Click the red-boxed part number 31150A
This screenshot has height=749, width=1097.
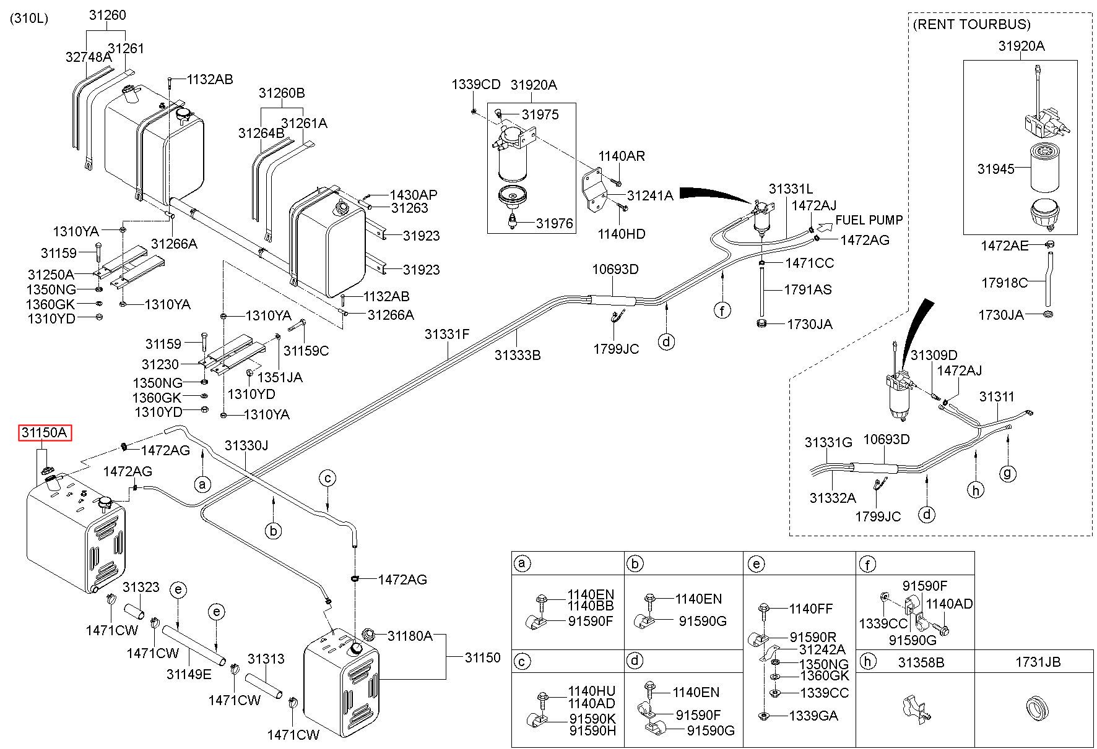(44, 433)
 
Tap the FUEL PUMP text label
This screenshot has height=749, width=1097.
(869, 220)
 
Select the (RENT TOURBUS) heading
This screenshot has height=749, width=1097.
(971, 24)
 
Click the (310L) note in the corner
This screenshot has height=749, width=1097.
(28, 18)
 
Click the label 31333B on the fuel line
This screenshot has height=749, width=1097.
(518, 355)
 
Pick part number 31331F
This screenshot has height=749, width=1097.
(447, 335)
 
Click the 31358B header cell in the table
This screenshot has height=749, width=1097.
(921, 662)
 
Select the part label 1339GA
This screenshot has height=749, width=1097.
(813, 716)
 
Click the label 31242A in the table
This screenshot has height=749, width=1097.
(822, 649)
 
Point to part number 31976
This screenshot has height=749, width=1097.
(555, 223)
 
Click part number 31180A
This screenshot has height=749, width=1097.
(410, 636)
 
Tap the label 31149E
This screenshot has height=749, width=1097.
(189, 674)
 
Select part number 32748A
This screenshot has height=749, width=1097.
(89, 57)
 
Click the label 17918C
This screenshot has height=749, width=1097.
(1004, 283)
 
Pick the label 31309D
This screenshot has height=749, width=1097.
(934, 355)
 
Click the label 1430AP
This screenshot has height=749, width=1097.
(414, 195)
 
